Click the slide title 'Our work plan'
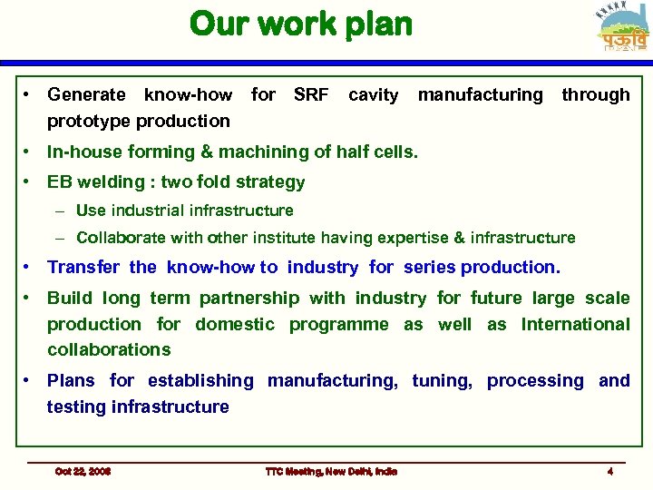click(301, 24)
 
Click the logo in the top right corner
click(623, 29)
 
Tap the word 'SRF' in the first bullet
click(311, 94)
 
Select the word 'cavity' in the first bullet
click(373, 94)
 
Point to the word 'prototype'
click(88, 121)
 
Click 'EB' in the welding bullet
click(60, 181)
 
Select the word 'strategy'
click(270, 181)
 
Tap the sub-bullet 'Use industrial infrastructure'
click(184, 211)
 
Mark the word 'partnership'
click(249, 298)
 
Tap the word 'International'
click(575, 324)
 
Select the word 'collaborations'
click(109, 349)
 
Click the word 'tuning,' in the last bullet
click(442, 380)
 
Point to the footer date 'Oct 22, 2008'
click(83, 471)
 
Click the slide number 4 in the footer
click(610, 471)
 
